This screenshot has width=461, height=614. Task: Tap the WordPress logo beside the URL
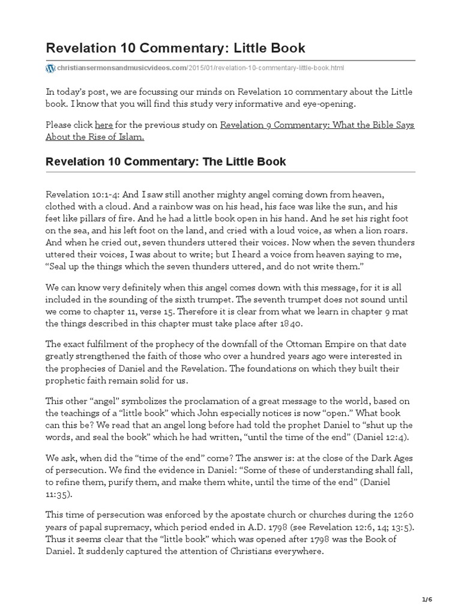pyautogui.click(x=50, y=68)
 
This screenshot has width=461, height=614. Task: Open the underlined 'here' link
pyautogui.click(x=103, y=125)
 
